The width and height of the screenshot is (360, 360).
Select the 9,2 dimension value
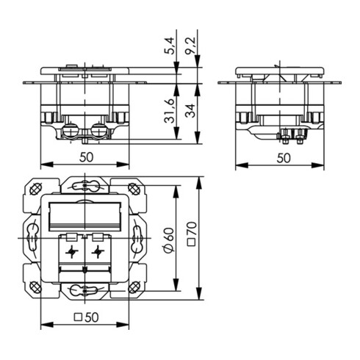(x=192, y=48)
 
